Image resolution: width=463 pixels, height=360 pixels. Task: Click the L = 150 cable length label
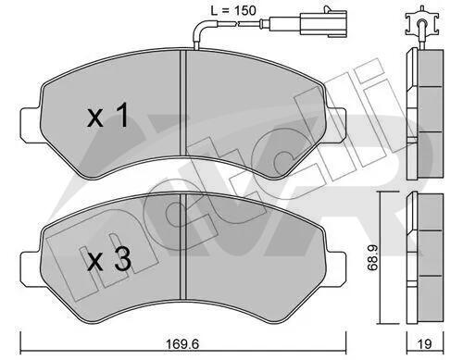(233, 11)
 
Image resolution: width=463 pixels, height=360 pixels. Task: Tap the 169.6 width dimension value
(182, 343)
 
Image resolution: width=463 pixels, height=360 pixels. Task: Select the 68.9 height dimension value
(372, 258)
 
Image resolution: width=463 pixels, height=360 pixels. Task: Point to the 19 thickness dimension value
(424, 343)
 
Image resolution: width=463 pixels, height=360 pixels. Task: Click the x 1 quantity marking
(107, 116)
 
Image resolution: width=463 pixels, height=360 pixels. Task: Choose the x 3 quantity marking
(109, 259)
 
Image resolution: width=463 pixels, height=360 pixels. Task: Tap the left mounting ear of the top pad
(31, 124)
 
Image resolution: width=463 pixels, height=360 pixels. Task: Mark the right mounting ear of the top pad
(336, 125)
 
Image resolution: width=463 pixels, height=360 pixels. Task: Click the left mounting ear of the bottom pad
(31, 267)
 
